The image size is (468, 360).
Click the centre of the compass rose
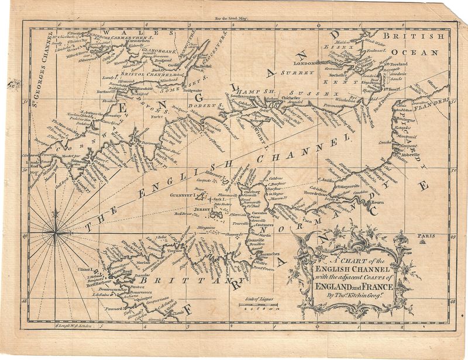56,234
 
